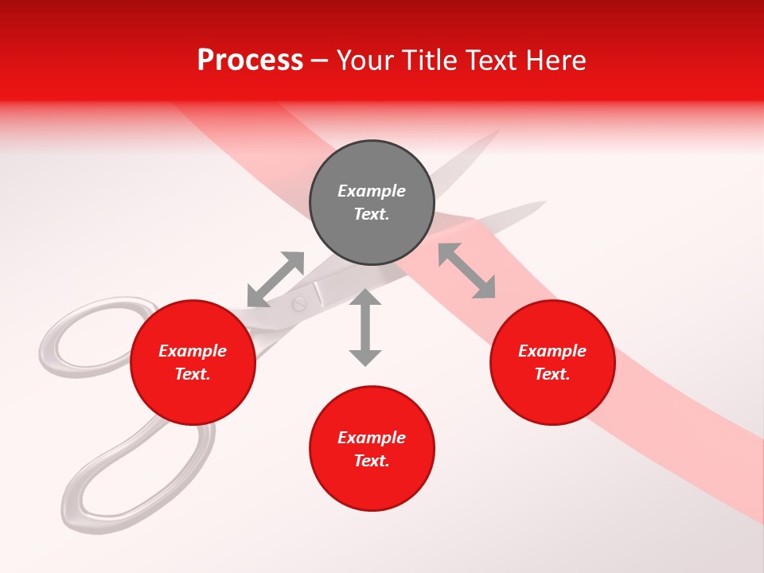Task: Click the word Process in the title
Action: (x=250, y=60)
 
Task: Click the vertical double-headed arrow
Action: (x=365, y=327)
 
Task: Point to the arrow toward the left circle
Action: (x=275, y=279)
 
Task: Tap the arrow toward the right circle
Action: (x=467, y=271)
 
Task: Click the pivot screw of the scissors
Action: (x=299, y=302)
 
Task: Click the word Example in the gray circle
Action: (x=372, y=191)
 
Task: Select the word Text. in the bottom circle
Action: (x=372, y=461)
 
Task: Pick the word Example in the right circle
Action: (x=552, y=351)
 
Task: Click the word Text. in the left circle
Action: (x=193, y=374)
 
